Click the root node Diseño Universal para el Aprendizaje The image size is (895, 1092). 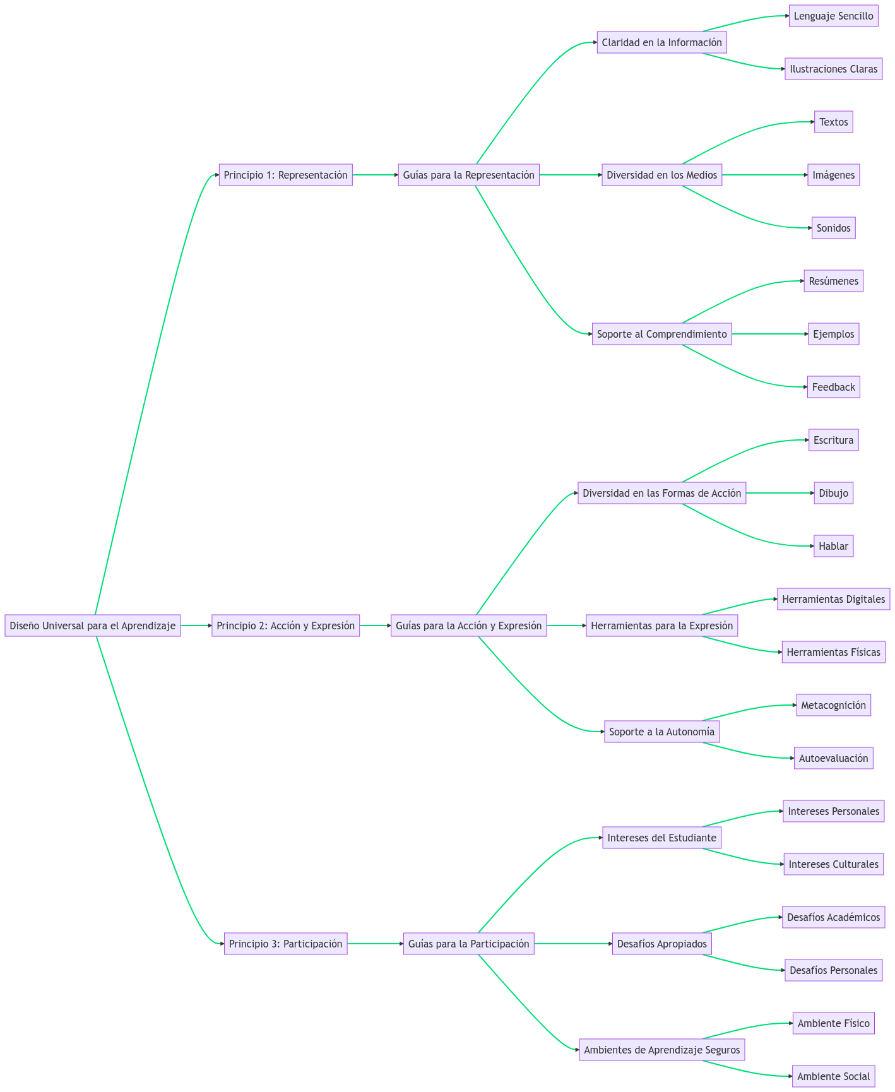[x=93, y=626]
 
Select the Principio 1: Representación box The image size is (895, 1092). [x=285, y=175]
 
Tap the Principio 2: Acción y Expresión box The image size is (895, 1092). [x=285, y=626]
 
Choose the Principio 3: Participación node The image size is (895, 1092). [x=285, y=944]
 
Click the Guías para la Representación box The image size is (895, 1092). [x=468, y=175]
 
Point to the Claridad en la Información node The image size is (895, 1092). [x=661, y=42]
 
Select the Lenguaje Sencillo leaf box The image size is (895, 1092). [x=833, y=16]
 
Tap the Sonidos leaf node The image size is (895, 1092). [x=833, y=228]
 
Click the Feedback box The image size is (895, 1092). [x=833, y=387]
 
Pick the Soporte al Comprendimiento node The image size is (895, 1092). [x=661, y=334]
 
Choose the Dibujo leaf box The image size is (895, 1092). [x=833, y=493]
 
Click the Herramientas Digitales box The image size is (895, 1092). [x=833, y=599]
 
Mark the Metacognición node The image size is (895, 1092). [x=833, y=705]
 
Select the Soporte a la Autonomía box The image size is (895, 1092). [x=661, y=732]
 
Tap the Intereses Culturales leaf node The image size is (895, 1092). [x=833, y=864]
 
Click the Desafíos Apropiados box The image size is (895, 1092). [x=661, y=944]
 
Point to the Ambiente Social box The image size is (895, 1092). [x=833, y=1076]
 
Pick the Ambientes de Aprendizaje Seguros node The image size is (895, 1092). [x=661, y=1050]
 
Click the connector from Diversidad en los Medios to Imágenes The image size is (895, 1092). [x=764, y=175]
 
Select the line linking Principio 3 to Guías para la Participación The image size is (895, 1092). [x=375, y=944]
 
